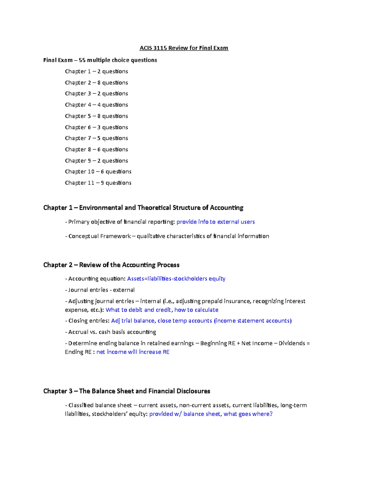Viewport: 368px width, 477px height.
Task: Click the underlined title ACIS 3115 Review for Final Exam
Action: tap(184, 48)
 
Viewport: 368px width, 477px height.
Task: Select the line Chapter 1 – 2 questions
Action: tap(96, 71)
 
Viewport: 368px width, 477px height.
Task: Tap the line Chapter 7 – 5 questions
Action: tap(96, 138)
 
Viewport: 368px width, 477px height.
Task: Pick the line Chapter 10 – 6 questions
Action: tap(98, 171)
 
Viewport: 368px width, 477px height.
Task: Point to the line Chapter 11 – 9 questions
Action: tap(98, 183)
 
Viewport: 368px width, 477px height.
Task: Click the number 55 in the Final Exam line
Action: tap(82, 60)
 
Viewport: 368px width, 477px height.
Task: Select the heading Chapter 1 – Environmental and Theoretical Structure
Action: tap(143, 208)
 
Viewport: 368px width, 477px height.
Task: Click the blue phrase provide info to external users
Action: tap(216, 222)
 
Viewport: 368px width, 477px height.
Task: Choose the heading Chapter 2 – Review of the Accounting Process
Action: tap(111, 265)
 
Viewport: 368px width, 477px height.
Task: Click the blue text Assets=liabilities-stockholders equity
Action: tap(176, 279)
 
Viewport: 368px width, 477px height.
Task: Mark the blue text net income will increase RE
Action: tap(133, 352)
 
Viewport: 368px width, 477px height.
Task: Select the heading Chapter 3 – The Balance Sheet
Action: tap(127, 391)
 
